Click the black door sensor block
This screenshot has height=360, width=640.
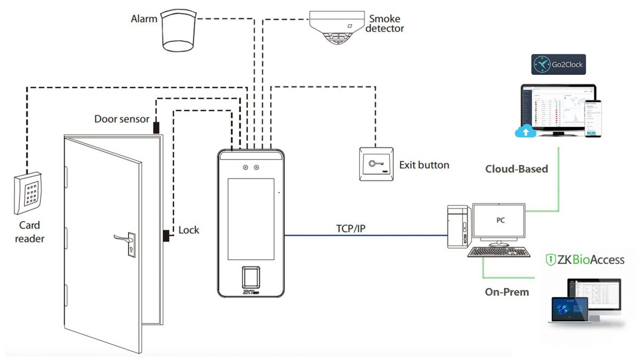(156, 127)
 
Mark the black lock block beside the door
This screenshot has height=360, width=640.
(166, 235)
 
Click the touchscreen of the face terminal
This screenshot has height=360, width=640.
(250, 216)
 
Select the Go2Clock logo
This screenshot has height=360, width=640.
(558, 65)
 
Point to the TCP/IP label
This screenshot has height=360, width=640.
(350, 229)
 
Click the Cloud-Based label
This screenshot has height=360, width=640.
(516, 169)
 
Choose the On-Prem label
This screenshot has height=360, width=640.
(507, 292)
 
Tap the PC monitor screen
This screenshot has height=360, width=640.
(500, 220)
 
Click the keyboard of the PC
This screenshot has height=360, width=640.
(499, 252)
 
